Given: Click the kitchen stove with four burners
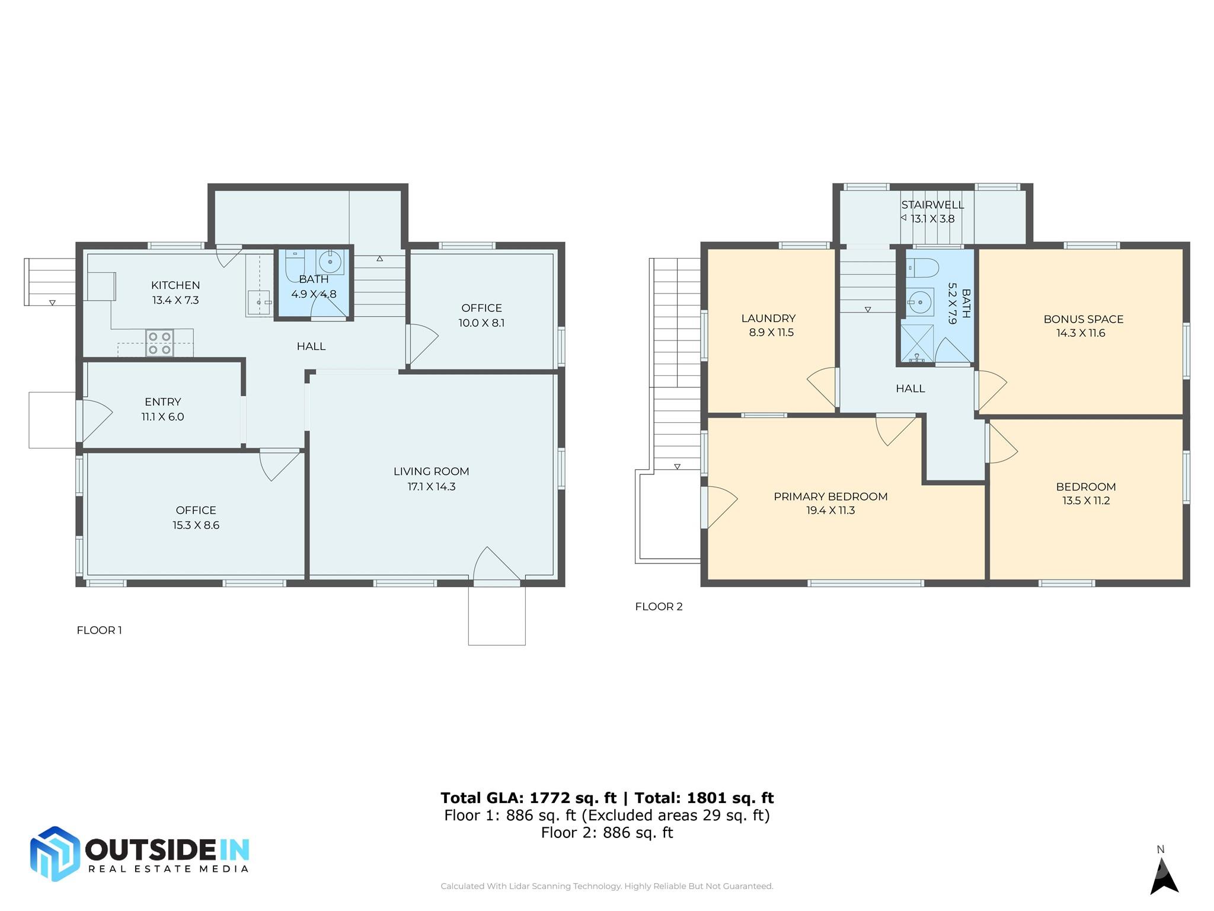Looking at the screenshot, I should point(160,343).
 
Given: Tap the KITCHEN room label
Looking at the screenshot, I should point(175,285).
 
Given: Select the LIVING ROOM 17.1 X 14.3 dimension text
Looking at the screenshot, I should point(431,486).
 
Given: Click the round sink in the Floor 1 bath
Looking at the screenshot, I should point(330,262).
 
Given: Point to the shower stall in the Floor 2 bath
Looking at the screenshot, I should point(916,342).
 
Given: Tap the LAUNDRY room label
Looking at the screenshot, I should point(768,318).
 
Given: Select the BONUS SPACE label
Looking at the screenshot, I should point(1083,319).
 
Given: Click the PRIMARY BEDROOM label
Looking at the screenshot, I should point(830,496).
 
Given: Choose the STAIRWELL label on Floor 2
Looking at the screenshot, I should point(932,205).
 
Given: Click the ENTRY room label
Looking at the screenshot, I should point(162,402).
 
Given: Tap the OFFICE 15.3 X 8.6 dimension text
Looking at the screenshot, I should point(196,525).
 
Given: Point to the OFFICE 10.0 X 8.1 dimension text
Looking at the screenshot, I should point(481,323).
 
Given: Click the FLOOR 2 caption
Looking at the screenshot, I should point(659,607).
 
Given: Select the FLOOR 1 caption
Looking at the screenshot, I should point(99,630).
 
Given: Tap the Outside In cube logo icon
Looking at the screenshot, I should point(55,853).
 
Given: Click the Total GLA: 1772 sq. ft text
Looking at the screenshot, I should point(528,798).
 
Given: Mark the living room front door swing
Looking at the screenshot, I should point(496,565).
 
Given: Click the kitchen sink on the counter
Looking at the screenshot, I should point(258,302).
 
